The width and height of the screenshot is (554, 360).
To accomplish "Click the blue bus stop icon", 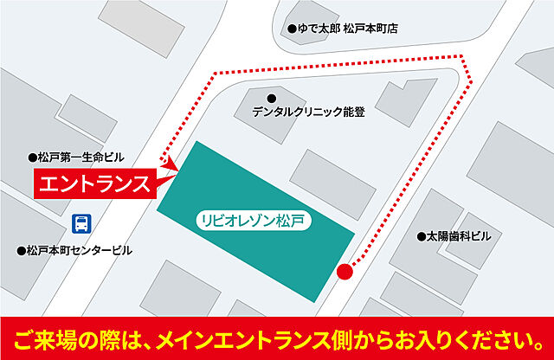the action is point(81,223).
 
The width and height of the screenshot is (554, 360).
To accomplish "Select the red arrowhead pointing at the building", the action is point(171,163).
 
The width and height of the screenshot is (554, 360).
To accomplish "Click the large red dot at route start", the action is point(345,272).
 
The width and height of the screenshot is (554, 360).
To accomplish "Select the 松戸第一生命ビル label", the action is point(81,157).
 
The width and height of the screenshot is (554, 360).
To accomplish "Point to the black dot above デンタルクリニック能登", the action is point(272,97).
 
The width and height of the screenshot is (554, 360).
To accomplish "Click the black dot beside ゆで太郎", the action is point(293,29).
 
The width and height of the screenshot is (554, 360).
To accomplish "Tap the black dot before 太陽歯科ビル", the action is point(422,235).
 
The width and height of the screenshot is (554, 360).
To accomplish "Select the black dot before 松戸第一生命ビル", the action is point(32,157).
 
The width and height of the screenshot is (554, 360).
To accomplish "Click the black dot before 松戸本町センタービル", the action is point(21,251).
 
